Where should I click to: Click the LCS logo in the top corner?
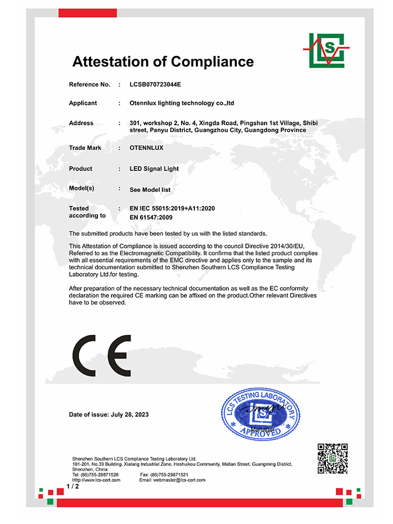click(325, 50)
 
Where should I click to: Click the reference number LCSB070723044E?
click(155, 84)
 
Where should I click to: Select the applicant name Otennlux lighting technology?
click(181, 103)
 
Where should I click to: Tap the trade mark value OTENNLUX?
click(146, 148)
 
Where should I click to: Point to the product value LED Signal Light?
click(154, 169)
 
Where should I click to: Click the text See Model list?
click(150, 190)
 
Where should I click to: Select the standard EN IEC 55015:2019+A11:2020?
click(172, 209)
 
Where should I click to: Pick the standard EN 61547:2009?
click(151, 217)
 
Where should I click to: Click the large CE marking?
click(102, 355)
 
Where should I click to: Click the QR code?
click(333, 458)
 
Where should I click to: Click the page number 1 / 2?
click(72, 487)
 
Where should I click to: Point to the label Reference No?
click(90, 84)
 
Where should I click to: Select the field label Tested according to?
click(87, 212)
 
